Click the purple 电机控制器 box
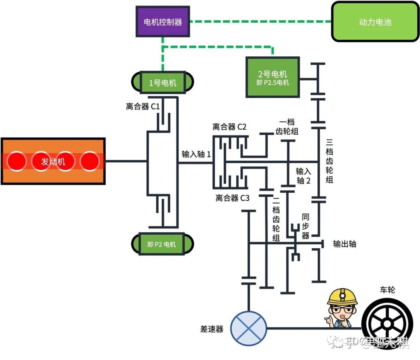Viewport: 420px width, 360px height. [163, 22]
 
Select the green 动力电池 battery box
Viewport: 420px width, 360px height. [374, 22]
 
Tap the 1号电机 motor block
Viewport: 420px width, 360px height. [163, 83]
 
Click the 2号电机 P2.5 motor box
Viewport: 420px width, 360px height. [273, 77]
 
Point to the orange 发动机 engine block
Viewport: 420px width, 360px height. [53, 161]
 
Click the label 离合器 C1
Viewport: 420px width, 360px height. [143, 106]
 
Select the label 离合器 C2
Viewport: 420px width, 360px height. [229, 126]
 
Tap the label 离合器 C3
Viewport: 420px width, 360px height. [233, 198]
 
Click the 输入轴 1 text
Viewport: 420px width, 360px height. [196, 154]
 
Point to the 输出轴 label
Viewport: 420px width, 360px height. [345, 244]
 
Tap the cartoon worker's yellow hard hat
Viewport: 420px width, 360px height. [342, 297]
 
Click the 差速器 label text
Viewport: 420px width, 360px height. [212, 329]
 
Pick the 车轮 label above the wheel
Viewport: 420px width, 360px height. [387, 290]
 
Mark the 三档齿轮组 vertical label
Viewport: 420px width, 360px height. [329, 160]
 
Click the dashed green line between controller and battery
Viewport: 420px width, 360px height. [261, 21]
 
